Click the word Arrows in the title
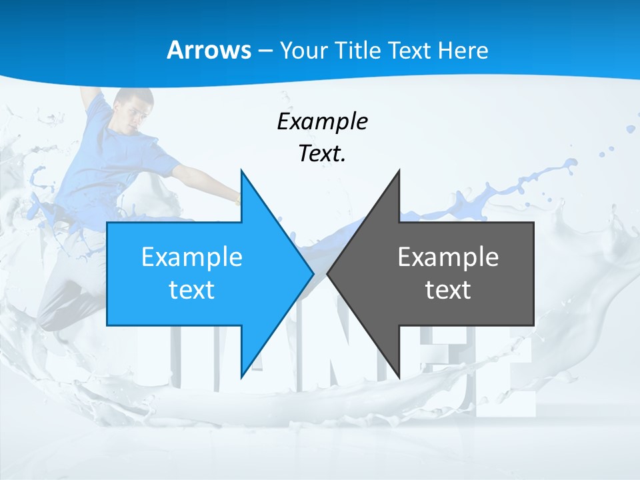point(209,51)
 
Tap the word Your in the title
point(304,51)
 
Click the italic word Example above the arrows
point(322,121)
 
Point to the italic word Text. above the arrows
point(322,153)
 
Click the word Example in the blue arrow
point(192,257)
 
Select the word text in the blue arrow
point(192,290)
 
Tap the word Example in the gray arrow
point(448,257)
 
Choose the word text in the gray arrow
point(448,290)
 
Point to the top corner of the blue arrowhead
point(241,171)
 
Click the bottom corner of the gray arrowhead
point(399,376)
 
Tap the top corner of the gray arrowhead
point(399,171)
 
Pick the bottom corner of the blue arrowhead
point(241,376)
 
